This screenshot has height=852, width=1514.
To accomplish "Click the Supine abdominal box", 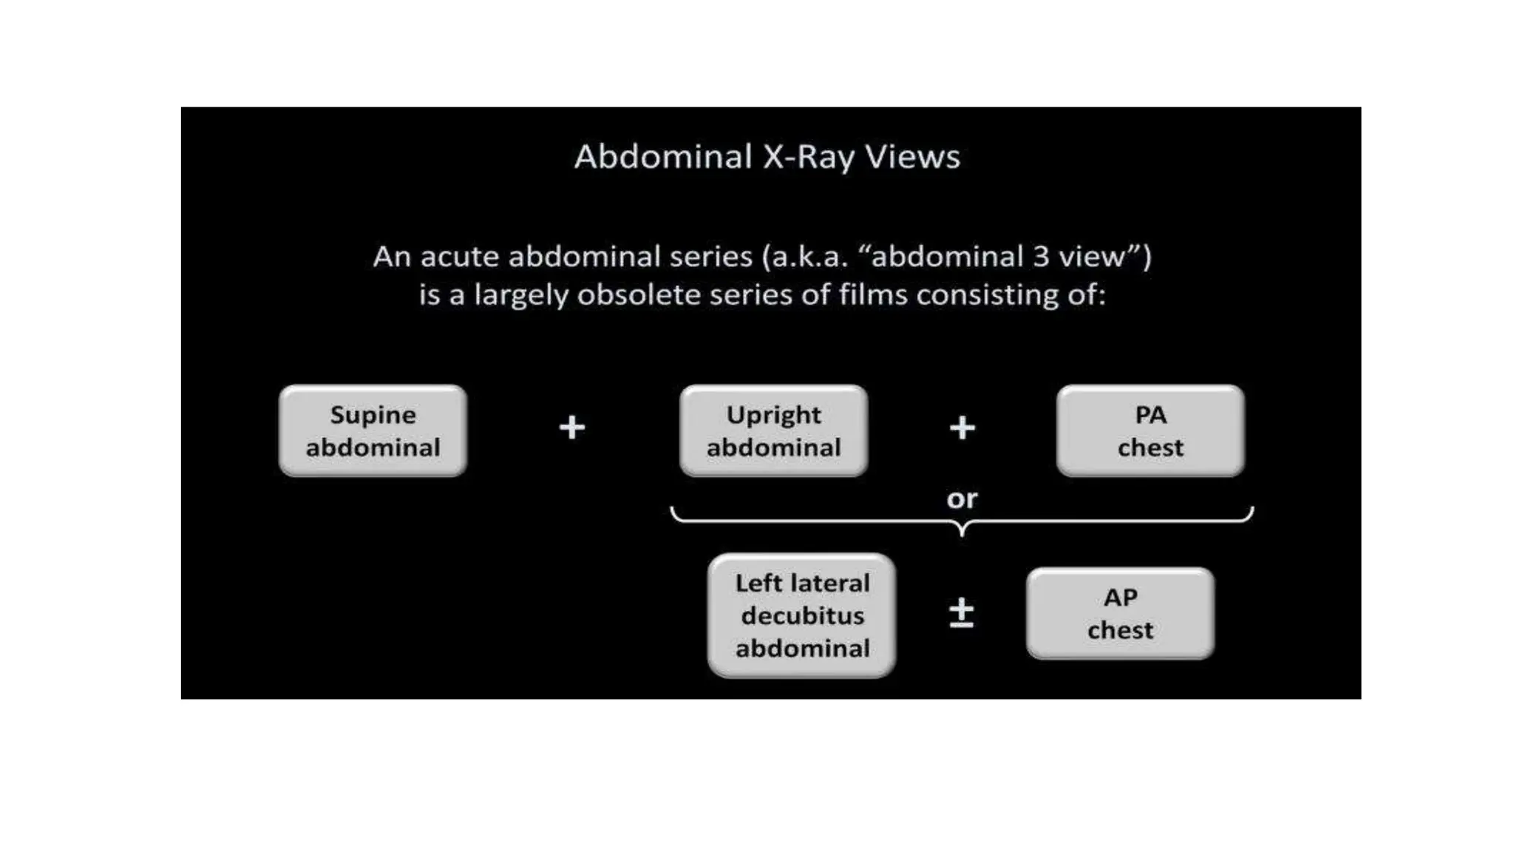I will pos(373,430).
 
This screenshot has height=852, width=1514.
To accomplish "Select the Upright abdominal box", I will pos(773,430).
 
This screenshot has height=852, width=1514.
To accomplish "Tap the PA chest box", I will pos(1150,430).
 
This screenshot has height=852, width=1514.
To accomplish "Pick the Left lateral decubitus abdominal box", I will pos(801,615).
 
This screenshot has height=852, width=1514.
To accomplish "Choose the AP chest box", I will pos(1120,613).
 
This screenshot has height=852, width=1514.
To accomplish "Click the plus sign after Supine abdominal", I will pos(571,427).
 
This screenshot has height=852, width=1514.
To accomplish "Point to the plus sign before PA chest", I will pos(962,427).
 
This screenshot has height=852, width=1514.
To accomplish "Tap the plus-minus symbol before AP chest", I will pos(961,613).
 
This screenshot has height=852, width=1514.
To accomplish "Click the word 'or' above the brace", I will pos(962,499).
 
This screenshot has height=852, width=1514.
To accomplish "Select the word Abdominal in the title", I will pos(663,157).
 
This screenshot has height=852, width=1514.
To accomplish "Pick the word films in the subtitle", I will pos(872,295).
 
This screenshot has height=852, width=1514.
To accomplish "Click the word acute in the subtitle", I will pos(459,257).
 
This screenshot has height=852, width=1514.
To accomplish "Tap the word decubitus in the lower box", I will pos(802,615).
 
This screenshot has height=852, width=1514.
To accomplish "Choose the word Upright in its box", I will pos(773,415).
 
